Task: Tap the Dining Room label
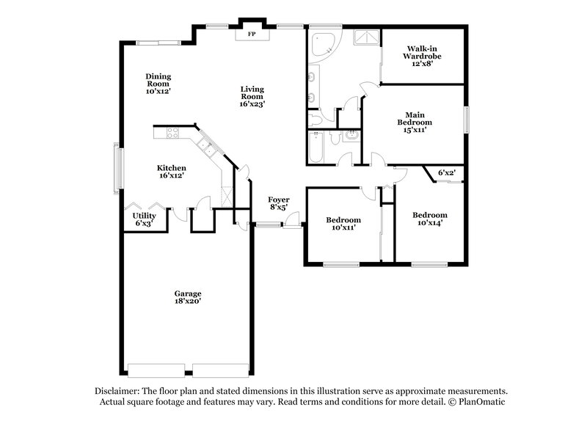[x=158, y=84]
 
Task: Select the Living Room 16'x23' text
[x=252, y=97]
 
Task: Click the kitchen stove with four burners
[x=174, y=133]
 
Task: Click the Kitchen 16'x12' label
[x=170, y=172]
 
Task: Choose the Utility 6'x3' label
[x=144, y=219]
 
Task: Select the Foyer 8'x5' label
[x=278, y=203]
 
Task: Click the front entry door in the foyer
[x=293, y=219]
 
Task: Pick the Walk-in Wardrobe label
[x=423, y=55]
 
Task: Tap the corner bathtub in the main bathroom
[x=321, y=45]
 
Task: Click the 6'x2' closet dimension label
[x=446, y=173]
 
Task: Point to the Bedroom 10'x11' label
[x=343, y=225]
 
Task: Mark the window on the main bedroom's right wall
[x=465, y=120]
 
